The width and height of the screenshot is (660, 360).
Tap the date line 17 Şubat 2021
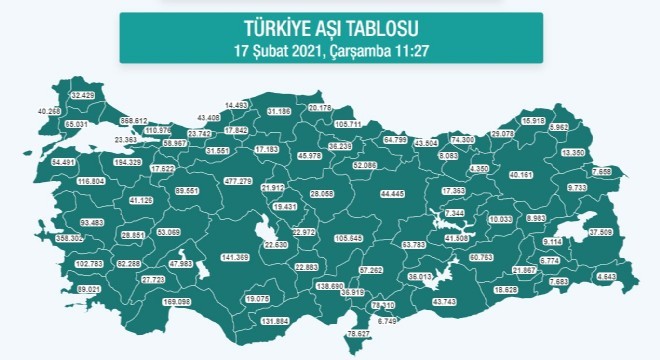(330, 50)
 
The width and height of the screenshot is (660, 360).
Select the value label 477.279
(238, 181)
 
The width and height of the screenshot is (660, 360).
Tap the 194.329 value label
(128, 162)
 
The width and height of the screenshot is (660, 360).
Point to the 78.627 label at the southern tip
(358, 334)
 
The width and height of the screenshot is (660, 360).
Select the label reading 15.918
(534, 121)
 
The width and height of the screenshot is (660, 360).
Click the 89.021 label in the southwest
(89, 288)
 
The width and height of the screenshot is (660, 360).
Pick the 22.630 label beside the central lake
(268, 244)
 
